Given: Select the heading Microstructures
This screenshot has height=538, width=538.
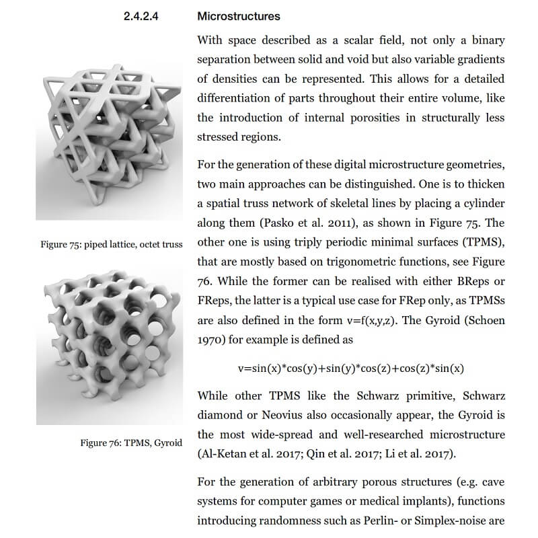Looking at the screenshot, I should pyautogui.click(x=239, y=16).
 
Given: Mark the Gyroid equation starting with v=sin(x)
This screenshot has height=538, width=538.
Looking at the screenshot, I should pyautogui.click(x=350, y=369).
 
